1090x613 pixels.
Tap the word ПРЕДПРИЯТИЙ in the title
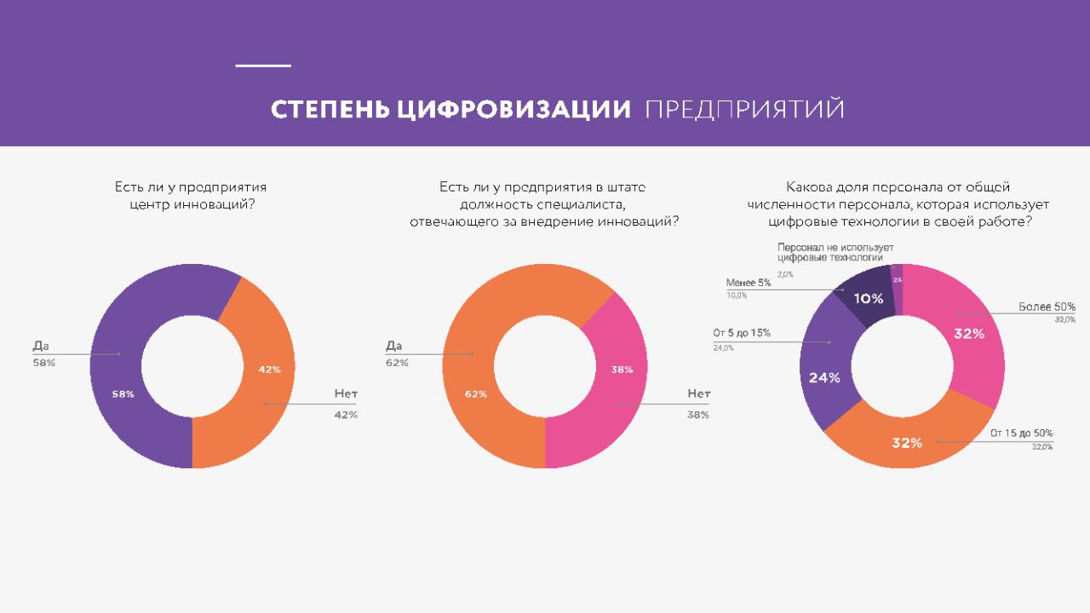click(x=745, y=110)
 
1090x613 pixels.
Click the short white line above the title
click(x=263, y=66)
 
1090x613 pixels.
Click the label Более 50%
click(x=1047, y=306)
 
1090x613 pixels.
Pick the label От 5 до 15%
click(x=742, y=333)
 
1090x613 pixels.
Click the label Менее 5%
click(x=749, y=283)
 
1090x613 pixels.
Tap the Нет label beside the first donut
click(x=345, y=394)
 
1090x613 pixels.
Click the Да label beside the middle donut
click(x=393, y=346)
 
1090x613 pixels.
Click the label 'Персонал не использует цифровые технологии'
click(x=835, y=252)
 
